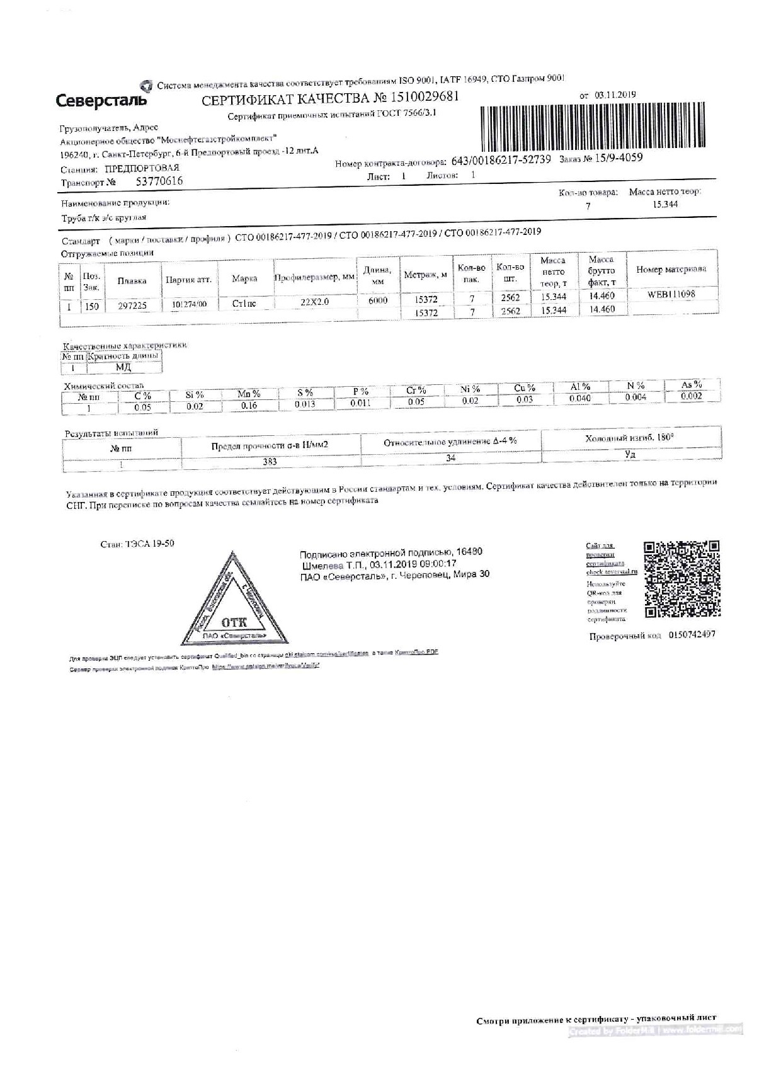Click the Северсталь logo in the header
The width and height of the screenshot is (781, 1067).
(101, 100)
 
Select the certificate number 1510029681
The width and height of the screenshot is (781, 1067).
(425, 97)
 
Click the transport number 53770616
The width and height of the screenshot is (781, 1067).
(159, 181)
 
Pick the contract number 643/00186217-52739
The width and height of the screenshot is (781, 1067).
(501, 161)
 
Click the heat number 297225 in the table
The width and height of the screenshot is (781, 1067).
(132, 305)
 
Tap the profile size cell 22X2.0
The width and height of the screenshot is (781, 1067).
(314, 302)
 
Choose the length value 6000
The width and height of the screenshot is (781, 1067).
(378, 300)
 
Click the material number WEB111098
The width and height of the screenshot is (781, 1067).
(671, 294)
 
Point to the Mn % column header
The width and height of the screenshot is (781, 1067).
(249, 394)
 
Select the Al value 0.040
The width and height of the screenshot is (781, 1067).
(579, 398)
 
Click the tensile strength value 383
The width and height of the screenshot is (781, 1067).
(270, 461)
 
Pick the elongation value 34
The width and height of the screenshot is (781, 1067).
(450, 458)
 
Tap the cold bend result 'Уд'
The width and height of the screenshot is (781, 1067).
(630, 454)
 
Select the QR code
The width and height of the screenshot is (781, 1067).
(682, 579)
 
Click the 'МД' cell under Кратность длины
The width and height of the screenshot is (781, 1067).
(123, 367)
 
